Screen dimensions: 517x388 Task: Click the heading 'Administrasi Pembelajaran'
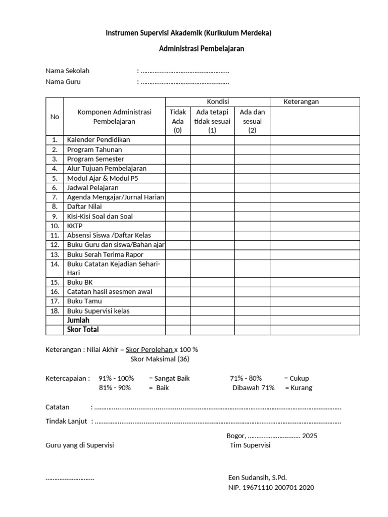pyautogui.click(x=202, y=49)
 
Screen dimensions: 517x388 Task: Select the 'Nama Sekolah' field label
pyautogui.click(x=67, y=71)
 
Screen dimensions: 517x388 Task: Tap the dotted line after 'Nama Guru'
pyautogui.click(x=184, y=82)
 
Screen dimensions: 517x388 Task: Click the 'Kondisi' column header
pyautogui.click(x=218, y=102)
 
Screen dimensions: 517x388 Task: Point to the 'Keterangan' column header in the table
pyautogui.click(x=301, y=102)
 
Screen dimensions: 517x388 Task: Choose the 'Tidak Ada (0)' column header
pyautogui.click(x=177, y=121)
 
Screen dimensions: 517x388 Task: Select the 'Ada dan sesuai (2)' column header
pyautogui.click(x=252, y=121)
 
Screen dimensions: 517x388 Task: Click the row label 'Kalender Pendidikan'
pyautogui.click(x=99, y=140)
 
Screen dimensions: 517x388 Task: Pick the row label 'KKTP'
pyautogui.click(x=75, y=226)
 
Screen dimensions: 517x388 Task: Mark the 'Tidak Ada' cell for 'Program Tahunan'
pyautogui.click(x=177, y=149)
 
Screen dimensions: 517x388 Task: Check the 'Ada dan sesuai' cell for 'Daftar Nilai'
pyautogui.click(x=252, y=207)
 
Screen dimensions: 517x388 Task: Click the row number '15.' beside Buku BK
pyautogui.click(x=55, y=282)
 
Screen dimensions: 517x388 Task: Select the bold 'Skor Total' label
pyautogui.click(x=83, y=330)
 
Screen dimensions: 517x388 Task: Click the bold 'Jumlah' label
pyautogui.click(x=78, y=320)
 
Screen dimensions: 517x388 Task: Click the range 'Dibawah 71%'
pyautogui.click(x=254, y=388)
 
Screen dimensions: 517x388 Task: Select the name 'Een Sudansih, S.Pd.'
pyautogui.click(x=257, y=477)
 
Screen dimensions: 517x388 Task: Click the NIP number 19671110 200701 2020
pyautogui.click(x=271, y=487)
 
